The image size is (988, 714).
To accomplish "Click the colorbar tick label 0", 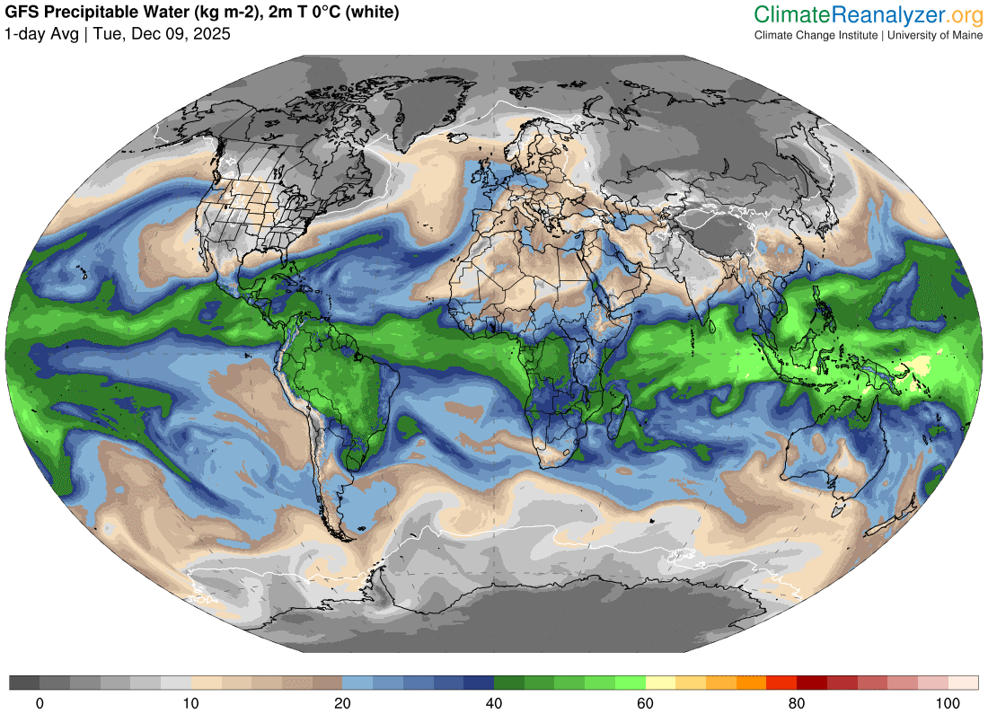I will tap(40, 703).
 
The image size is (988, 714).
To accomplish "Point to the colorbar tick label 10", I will tap(190, 703).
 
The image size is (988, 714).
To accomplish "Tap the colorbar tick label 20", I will tap(342, 703).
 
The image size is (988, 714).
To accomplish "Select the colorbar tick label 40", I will tap(493, 703).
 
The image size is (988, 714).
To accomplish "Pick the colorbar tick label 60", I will tap(645, 703).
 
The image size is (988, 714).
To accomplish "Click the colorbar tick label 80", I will tap(796, 703).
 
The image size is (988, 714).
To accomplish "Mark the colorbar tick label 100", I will tap(947, 703).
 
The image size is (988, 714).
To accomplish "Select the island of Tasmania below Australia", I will tap(840, 513).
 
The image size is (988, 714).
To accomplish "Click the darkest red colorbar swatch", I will tap(811, 683).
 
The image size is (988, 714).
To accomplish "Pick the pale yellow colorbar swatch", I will tap(660, 683).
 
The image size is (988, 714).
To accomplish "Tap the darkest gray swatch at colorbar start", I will tap(24, 683).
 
